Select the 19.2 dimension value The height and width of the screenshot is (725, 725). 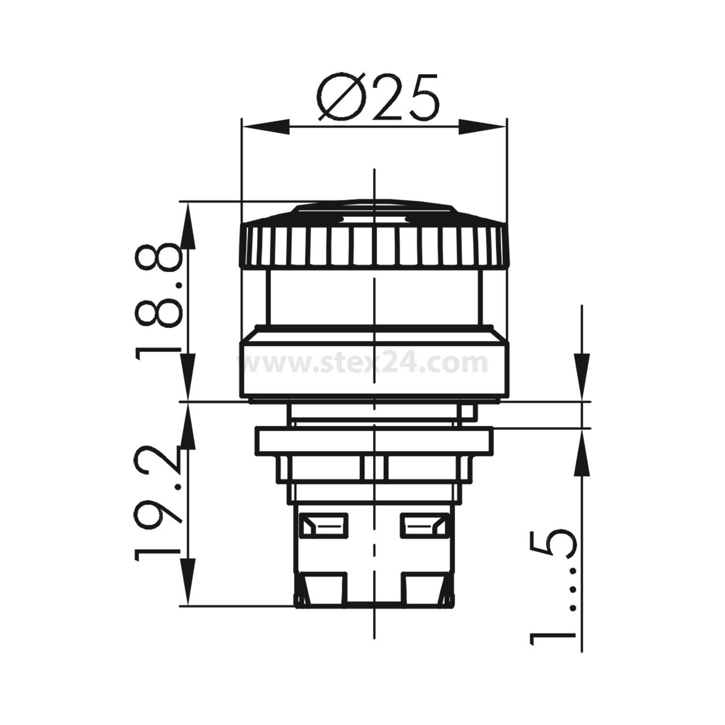click(x=159, y=503)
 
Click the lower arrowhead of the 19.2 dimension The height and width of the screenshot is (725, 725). click(x=188, y=581)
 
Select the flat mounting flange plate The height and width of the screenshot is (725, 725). click(x=375, y=440)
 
